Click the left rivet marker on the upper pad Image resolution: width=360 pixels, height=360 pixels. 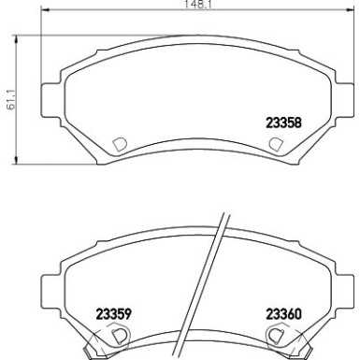(x=119, y=143)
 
